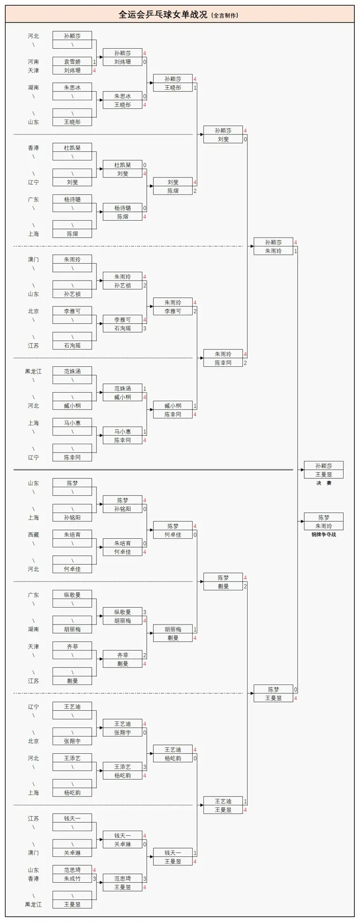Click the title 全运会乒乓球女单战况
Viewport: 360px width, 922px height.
pos(163,15)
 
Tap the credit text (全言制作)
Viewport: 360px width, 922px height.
pos(225,15)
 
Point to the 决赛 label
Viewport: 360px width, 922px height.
pos(323,483)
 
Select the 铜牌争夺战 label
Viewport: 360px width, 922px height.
pos(323,535)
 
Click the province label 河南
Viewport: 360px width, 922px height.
pos(33,62)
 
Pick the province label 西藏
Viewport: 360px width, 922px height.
pos(33,535)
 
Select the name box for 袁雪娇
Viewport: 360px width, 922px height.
pos(72,62)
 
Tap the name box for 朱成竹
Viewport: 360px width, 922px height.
pos(72,879)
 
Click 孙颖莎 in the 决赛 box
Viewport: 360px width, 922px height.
pos(323,466)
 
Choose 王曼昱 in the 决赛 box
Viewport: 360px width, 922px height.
pos(323,475)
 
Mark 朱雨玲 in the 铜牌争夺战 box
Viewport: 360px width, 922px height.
pos(323,526)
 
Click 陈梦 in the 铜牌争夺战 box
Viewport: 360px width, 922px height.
pos(323,518)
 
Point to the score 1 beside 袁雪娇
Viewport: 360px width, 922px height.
pos(94,62)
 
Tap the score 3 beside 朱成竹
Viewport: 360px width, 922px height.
pos(94,879)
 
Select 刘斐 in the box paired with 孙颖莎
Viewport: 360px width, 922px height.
pos(223,139)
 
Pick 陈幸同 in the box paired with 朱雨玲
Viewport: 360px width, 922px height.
pos(223,363)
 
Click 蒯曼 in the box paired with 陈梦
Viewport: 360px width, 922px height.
pos(223,587)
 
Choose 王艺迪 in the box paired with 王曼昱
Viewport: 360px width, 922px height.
pos(223,802)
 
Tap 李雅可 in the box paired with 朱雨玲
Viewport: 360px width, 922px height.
pos(172,311)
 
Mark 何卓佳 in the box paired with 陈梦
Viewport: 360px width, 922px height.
pos(172,535)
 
